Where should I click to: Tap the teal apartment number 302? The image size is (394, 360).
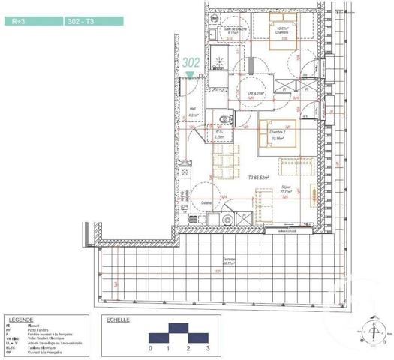[191, 64]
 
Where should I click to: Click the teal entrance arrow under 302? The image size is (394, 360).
[191, 75]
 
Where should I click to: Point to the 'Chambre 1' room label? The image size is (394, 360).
[282, 32]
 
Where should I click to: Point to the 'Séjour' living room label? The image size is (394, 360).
[286, 187]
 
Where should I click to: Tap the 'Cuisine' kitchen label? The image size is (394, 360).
[206, 202]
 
